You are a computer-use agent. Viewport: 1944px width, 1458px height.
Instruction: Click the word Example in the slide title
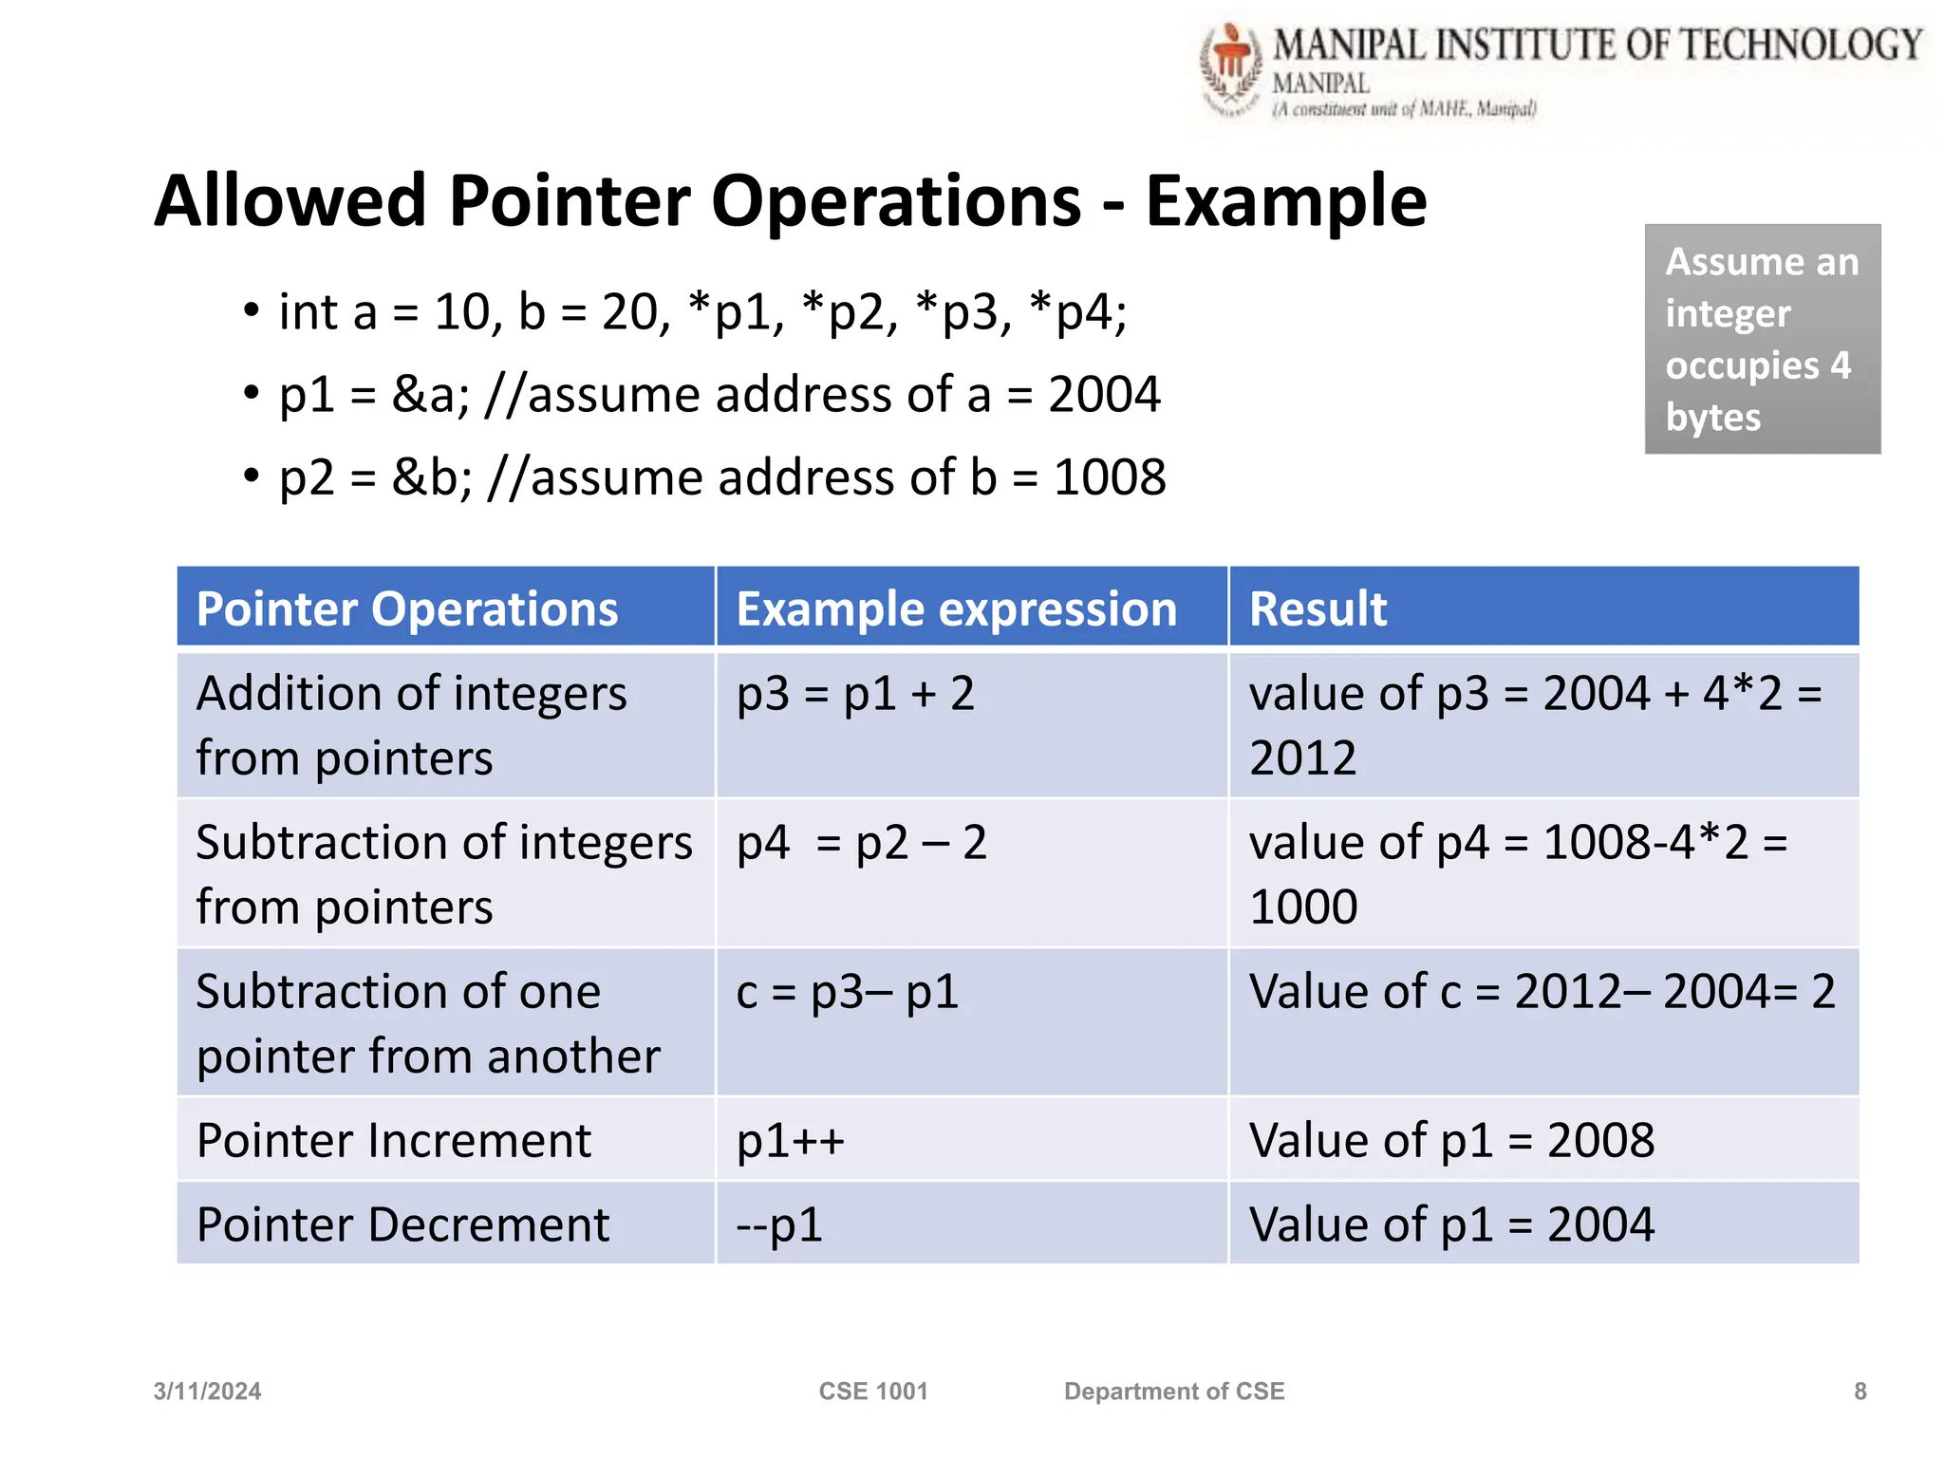point(1285,201)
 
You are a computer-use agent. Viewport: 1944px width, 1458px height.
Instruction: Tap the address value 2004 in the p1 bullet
point(1104,395)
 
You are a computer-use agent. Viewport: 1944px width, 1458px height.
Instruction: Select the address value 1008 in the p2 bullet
point(1109,477)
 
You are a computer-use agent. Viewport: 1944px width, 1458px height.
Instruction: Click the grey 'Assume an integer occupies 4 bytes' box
point(1762,339)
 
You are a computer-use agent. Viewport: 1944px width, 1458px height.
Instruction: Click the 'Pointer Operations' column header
point(407,608)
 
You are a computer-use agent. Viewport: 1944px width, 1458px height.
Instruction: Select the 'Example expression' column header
point(956,608)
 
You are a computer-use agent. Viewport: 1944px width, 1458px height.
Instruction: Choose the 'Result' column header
point(1318,608)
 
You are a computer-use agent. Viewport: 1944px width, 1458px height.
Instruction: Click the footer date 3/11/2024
point(207,1392)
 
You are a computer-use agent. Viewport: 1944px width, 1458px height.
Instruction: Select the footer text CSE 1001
point(872,1392)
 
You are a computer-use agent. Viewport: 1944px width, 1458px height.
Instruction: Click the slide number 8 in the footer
point(1860,1392)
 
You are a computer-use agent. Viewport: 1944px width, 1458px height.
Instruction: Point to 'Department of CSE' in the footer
point(1173,1392)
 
